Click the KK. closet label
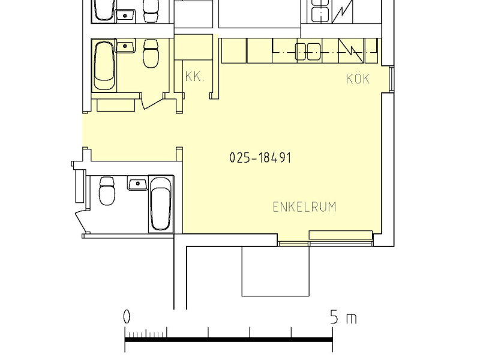(194, 77)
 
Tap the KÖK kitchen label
(358, 79)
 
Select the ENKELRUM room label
(305, 207)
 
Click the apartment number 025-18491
(260, 158)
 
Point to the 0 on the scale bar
(127, 317)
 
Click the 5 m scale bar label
(343, 317)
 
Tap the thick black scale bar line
(229, 340)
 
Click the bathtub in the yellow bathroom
(104, 65)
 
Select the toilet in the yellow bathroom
(151, 53)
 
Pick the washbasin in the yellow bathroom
(125, 47)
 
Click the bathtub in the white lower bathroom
(161, 204)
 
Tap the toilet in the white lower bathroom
(107, 191)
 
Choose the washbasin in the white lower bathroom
(138, 184)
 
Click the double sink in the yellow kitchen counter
(308, 52)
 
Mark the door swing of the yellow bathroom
(153, 101)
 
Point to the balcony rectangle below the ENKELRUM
(275, 271)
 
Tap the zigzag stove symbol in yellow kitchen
(351, 51)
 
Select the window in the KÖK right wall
(392, 79)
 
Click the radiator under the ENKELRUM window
(341, 235)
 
